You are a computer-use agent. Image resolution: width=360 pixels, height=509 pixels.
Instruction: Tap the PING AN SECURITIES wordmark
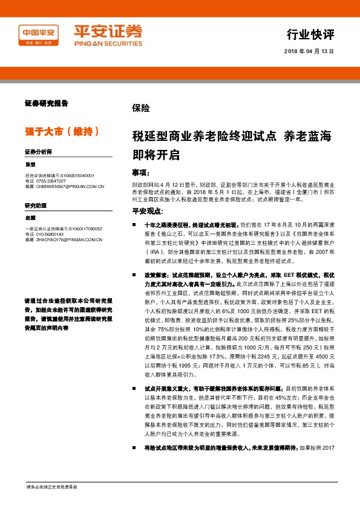click(x=99, y=44)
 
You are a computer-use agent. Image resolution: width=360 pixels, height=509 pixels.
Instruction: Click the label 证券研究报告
click(x=46, y=103)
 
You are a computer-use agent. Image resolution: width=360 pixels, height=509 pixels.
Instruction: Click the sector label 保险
click(x=140, y=108)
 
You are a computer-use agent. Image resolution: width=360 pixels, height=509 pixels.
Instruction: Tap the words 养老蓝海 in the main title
click(x=308, y=136)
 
